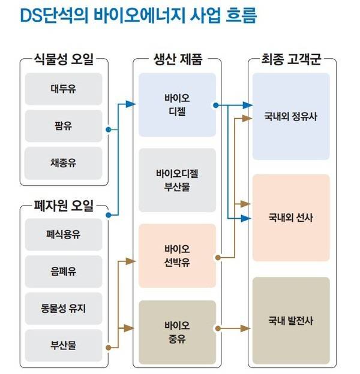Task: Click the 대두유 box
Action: [63, 89]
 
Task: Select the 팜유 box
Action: [63, 126]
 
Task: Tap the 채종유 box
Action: [63, 163]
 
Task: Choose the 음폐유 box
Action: [63, 272]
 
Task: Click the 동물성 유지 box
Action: [63, 309]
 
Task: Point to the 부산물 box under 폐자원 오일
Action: [63, 346]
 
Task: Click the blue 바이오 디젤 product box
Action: [177, 105]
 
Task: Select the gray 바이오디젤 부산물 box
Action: [177, 180]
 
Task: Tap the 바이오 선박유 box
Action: [177, 256]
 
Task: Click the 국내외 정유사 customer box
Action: [291, 117]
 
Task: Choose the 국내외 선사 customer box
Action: [291, 218]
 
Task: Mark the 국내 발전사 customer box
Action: [291, 320]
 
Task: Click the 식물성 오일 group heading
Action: [63, 60]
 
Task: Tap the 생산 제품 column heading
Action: [178, 60]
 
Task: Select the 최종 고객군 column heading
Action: [291, 60]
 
